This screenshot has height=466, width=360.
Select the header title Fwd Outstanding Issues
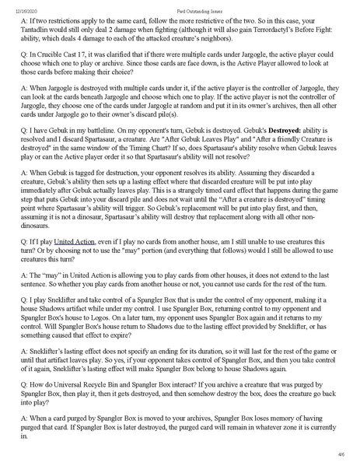[x=180, y=7]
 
